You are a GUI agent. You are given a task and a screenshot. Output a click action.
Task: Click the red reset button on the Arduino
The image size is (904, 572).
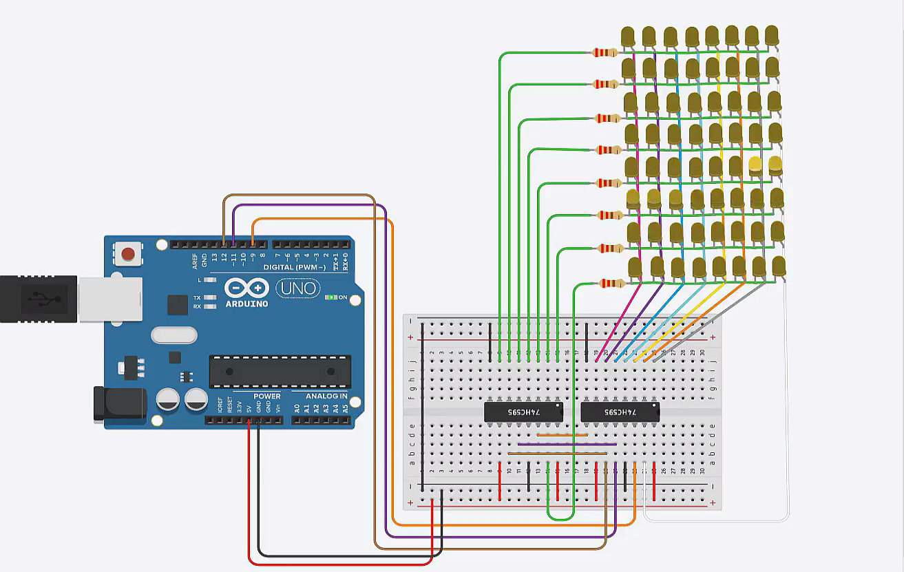(x=128, y=254)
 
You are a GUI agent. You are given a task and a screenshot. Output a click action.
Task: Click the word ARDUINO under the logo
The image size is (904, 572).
(x=246, y=304)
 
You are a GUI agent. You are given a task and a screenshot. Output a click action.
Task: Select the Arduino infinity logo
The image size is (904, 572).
(x=246, y=288)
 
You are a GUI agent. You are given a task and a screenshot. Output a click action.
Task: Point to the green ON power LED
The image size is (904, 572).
(x=334, y=297)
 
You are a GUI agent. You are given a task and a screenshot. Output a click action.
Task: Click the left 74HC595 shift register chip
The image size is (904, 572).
(x=523, y=412)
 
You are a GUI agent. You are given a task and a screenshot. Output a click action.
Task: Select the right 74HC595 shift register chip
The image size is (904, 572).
(x=620, y=412)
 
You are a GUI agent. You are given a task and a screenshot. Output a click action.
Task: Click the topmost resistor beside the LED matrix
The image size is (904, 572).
(x=605, y=52)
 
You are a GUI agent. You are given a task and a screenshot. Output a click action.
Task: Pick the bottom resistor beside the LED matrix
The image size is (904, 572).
(x=612, y=283)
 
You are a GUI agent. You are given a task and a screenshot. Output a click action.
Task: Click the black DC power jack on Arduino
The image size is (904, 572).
(x=120, y=403)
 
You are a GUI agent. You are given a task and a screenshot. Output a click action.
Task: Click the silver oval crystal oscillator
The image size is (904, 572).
(x=174, y=335)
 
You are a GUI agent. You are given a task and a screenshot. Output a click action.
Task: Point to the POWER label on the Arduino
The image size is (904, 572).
(x=266, y=396)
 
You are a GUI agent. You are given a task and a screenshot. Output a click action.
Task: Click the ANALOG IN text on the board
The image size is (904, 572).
(x=326, y=396)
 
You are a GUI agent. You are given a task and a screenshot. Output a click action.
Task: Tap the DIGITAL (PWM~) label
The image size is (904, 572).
(x=298, y=266)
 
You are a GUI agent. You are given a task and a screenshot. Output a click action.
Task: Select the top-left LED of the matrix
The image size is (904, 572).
(x=628, y=36)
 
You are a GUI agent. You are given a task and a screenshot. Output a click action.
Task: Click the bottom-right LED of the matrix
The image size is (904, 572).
(x=779, y=266)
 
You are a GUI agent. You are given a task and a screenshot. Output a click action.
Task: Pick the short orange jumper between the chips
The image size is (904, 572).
(x=562, y=435)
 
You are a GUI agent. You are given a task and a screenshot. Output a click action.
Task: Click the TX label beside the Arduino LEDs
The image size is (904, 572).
(x=197, y=297)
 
